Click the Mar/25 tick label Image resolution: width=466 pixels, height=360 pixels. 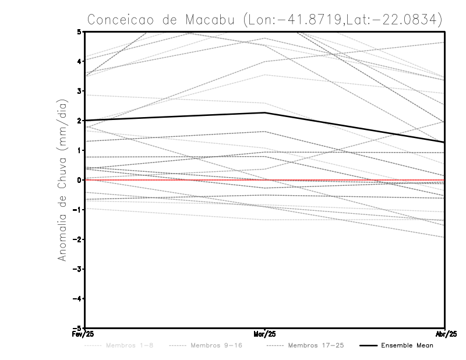click(x=265, y=334)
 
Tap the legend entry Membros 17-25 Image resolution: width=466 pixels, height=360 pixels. click(x=317, y=346)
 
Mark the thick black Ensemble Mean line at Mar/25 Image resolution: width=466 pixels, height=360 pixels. click(x=265, y=112)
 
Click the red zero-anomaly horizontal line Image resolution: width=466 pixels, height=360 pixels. click(x=175, y=180)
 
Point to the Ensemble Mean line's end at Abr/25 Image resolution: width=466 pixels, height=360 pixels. click(x=444, y=142)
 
